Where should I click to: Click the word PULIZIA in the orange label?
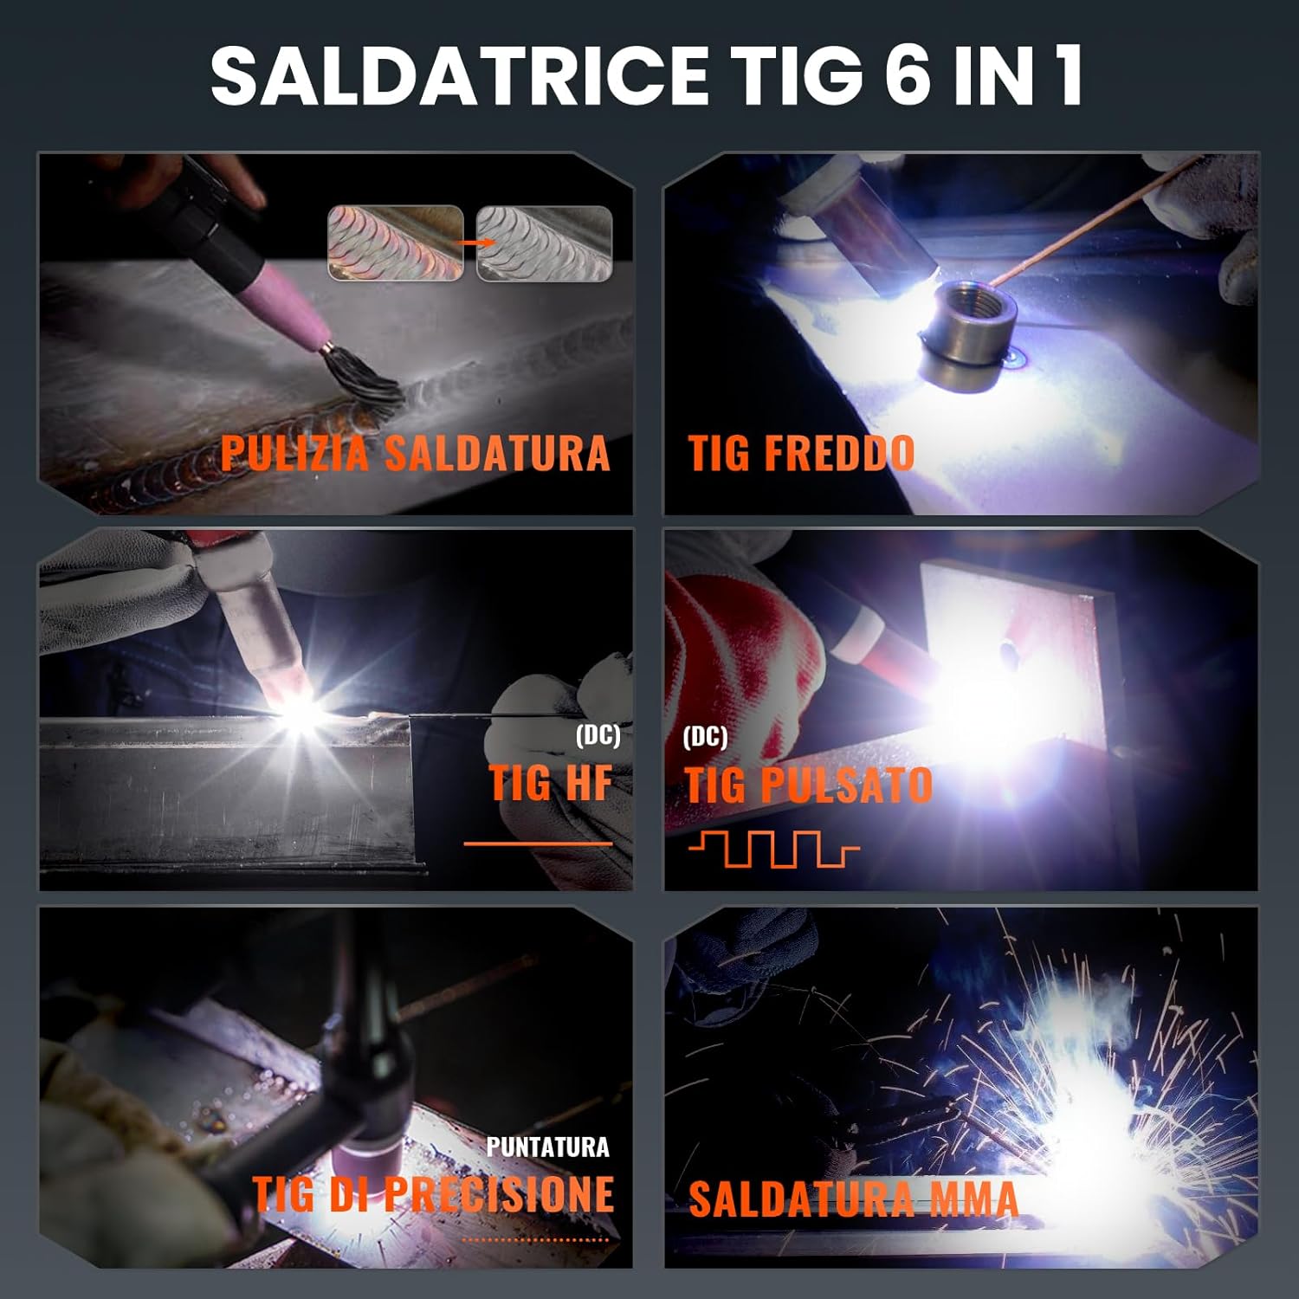pos(294,453)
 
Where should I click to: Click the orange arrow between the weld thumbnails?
pos(470,243)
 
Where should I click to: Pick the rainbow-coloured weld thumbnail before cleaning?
pos(395,243)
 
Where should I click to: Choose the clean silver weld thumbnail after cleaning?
pos(544,243)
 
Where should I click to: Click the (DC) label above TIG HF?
pos(598,736)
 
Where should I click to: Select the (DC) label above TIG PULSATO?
pos(705,737)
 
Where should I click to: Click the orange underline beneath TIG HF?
pos(538,843)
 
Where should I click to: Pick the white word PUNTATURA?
pos(547,1147)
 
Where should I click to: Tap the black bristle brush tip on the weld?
pos(365,382)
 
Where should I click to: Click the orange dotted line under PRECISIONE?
pos(535,1240)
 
